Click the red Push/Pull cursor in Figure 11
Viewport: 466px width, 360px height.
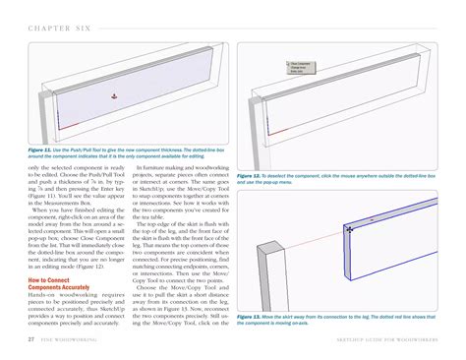pyautogui.click(x=114, y=95)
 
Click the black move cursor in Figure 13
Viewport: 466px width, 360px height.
pyautogui.click(x=348, y=229)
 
